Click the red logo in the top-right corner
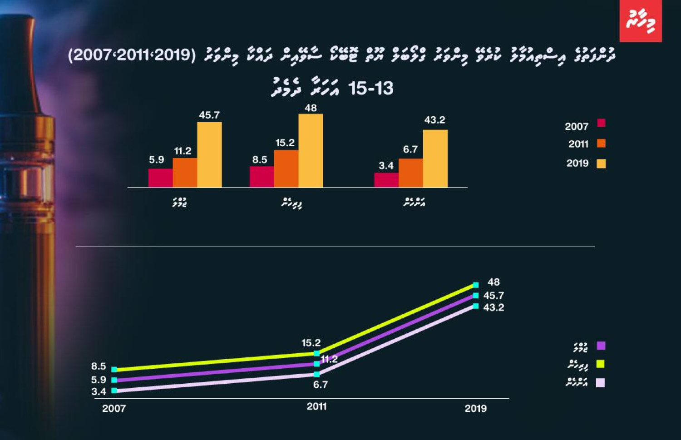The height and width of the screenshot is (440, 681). click(x=640, y=21)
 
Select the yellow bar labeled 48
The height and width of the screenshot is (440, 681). click(x=311, y=150)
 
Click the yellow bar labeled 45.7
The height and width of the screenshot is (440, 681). click(x=209, y=154)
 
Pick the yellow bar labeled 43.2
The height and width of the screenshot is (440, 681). click(x=435, y=158)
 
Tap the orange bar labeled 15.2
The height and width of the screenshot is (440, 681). click(x=286, y=168)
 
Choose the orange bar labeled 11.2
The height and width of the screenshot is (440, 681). click(x=185, y=173)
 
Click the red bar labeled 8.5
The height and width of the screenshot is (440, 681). click(x=262, y=177)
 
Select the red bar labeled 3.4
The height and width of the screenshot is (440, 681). click(x=386, y=180)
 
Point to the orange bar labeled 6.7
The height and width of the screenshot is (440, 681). click(x=410, y=173)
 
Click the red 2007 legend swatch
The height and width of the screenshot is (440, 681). click(x=601, y=123)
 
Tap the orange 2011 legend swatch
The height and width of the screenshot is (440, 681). click(x=601, y=143)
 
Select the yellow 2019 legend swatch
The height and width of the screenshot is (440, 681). click(x=601, y=163)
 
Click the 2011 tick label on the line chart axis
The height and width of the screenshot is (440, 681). click(x=316, y=406)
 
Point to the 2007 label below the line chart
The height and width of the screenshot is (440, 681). click(x=113, y=408)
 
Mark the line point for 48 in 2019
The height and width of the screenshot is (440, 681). click(x=475, y=285)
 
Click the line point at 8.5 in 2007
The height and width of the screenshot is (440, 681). click(x=114, y=370)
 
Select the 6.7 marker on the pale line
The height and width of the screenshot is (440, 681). click(x=316, y=374)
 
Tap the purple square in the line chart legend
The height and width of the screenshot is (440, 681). click(x=601, y=346)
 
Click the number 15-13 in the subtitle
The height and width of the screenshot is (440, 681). click(x=370, y=89)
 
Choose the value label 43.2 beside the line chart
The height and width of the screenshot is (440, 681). click(x=493, y=307)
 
